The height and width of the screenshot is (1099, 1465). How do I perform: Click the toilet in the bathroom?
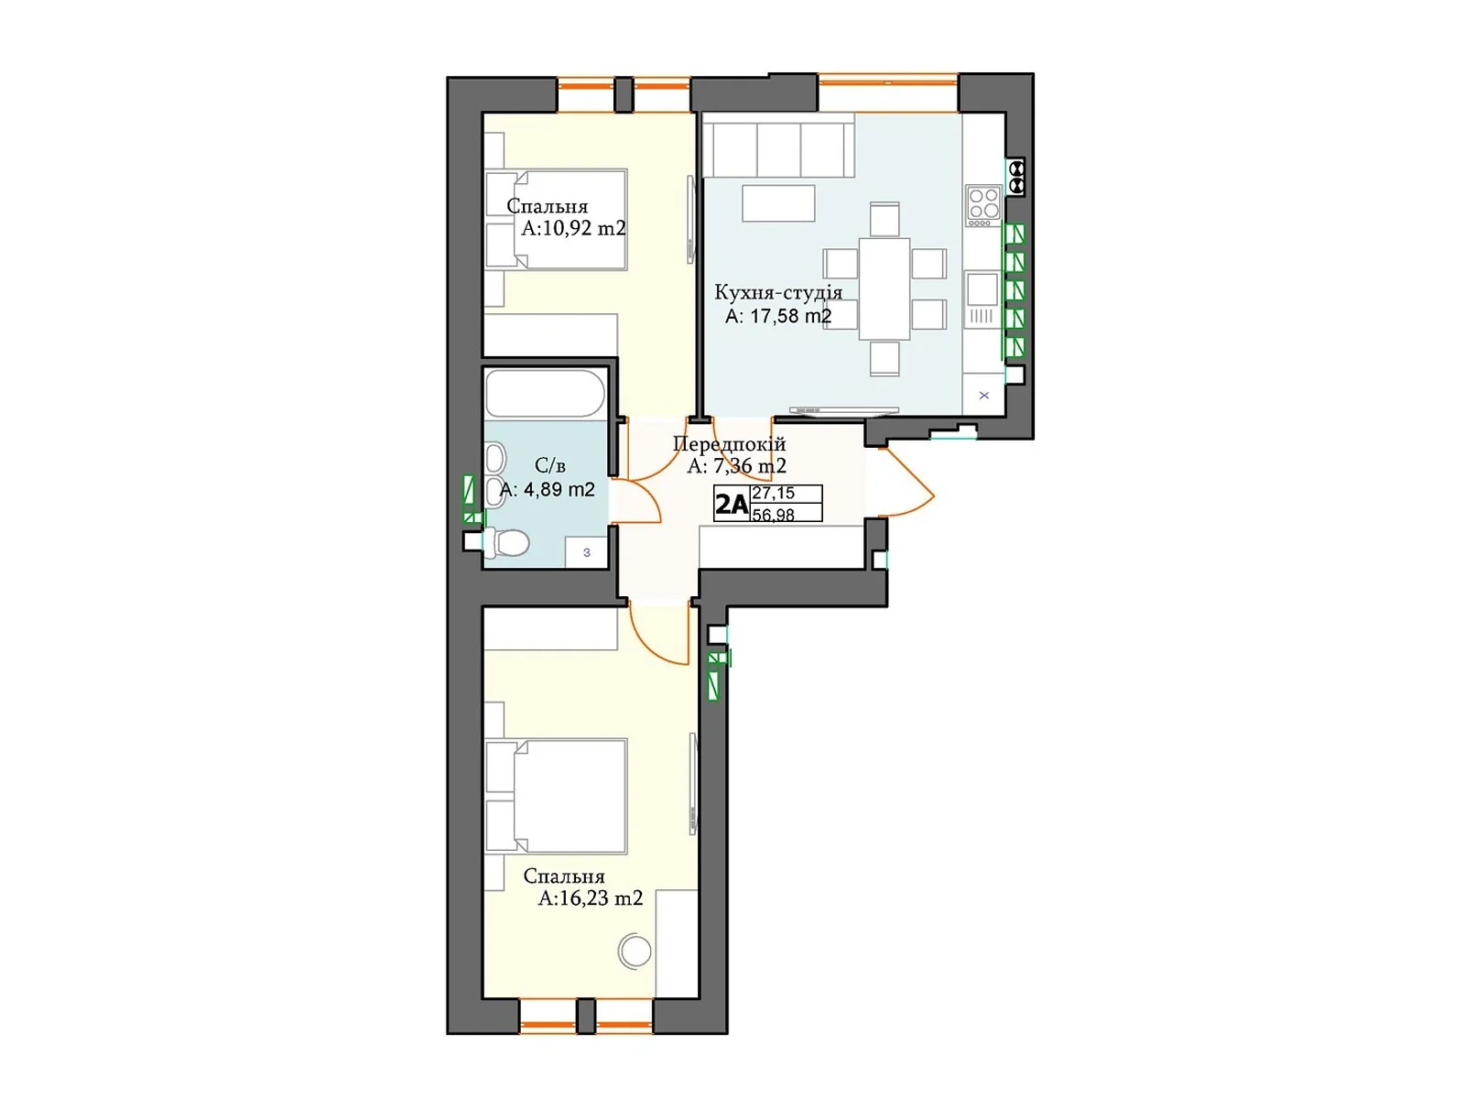click(507, 543)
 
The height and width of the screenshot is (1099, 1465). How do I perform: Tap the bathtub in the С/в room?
click(545, 393)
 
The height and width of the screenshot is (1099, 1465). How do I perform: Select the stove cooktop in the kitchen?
click(983, 205)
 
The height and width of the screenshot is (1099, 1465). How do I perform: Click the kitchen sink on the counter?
click(982, 289)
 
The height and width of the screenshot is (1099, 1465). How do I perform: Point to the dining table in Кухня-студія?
click(884, 288)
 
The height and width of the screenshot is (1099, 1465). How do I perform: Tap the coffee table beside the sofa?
click(778, 203)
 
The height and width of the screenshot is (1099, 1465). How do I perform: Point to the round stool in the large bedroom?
click(635, 951)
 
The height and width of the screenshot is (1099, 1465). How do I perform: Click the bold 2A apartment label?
click(732, 504)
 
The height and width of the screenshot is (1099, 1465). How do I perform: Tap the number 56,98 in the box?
click(774, 515)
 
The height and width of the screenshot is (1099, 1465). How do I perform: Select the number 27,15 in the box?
click(774, 493)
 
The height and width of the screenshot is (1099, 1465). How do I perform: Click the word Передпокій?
click(729, 444)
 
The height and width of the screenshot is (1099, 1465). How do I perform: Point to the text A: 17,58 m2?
click(778, 316)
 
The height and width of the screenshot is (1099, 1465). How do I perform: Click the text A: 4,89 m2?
click(548, 490)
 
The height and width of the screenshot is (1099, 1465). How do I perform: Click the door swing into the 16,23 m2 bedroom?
click(655, 637)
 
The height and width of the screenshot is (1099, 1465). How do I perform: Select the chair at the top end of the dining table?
click(884, 220)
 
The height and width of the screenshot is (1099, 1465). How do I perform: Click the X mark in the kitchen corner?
click(984, 396)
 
